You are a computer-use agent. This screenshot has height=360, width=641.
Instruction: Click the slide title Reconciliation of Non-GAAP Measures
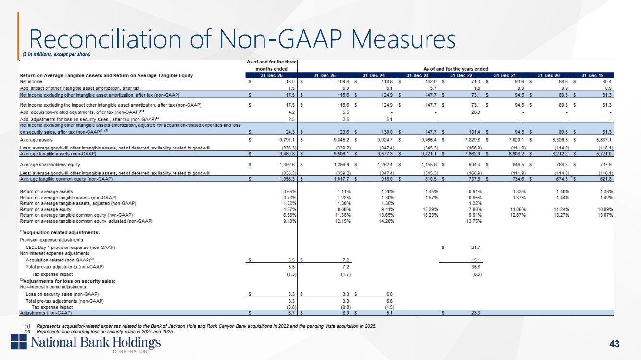(x=242, y=38)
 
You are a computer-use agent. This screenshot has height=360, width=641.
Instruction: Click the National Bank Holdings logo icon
(x=20, y=343)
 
